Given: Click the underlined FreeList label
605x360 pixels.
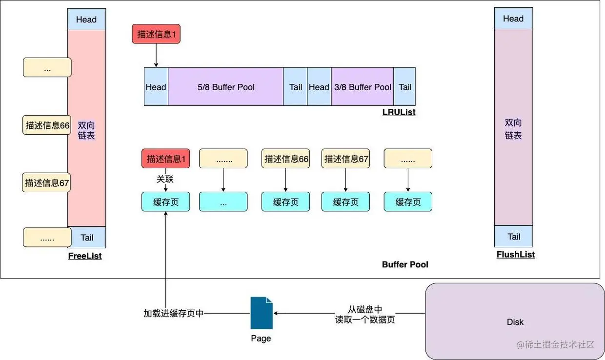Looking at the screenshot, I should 85,256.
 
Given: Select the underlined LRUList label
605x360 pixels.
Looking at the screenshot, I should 399,113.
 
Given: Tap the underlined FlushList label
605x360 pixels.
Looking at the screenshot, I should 515,255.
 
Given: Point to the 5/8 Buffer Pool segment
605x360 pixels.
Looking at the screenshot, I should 226,87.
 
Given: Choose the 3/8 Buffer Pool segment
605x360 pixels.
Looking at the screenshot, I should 363,87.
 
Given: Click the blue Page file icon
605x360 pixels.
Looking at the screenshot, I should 261,313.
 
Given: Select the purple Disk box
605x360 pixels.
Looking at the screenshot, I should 515,321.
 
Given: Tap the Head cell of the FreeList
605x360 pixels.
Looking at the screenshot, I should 86,20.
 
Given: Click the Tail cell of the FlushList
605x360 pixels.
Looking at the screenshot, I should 513,237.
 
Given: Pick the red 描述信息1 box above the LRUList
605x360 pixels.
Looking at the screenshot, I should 156,34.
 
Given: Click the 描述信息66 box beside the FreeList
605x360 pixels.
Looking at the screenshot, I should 47,125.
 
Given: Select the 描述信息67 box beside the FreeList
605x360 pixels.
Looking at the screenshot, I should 47,183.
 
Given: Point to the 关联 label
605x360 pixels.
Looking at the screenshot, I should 165,180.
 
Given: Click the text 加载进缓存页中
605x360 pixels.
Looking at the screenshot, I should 173,314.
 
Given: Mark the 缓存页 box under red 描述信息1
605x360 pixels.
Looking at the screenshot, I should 165,202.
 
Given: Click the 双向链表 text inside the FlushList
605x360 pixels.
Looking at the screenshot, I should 513,129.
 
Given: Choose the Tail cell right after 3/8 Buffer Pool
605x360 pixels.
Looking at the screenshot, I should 404,87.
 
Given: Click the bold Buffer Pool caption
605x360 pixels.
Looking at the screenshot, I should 405,265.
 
